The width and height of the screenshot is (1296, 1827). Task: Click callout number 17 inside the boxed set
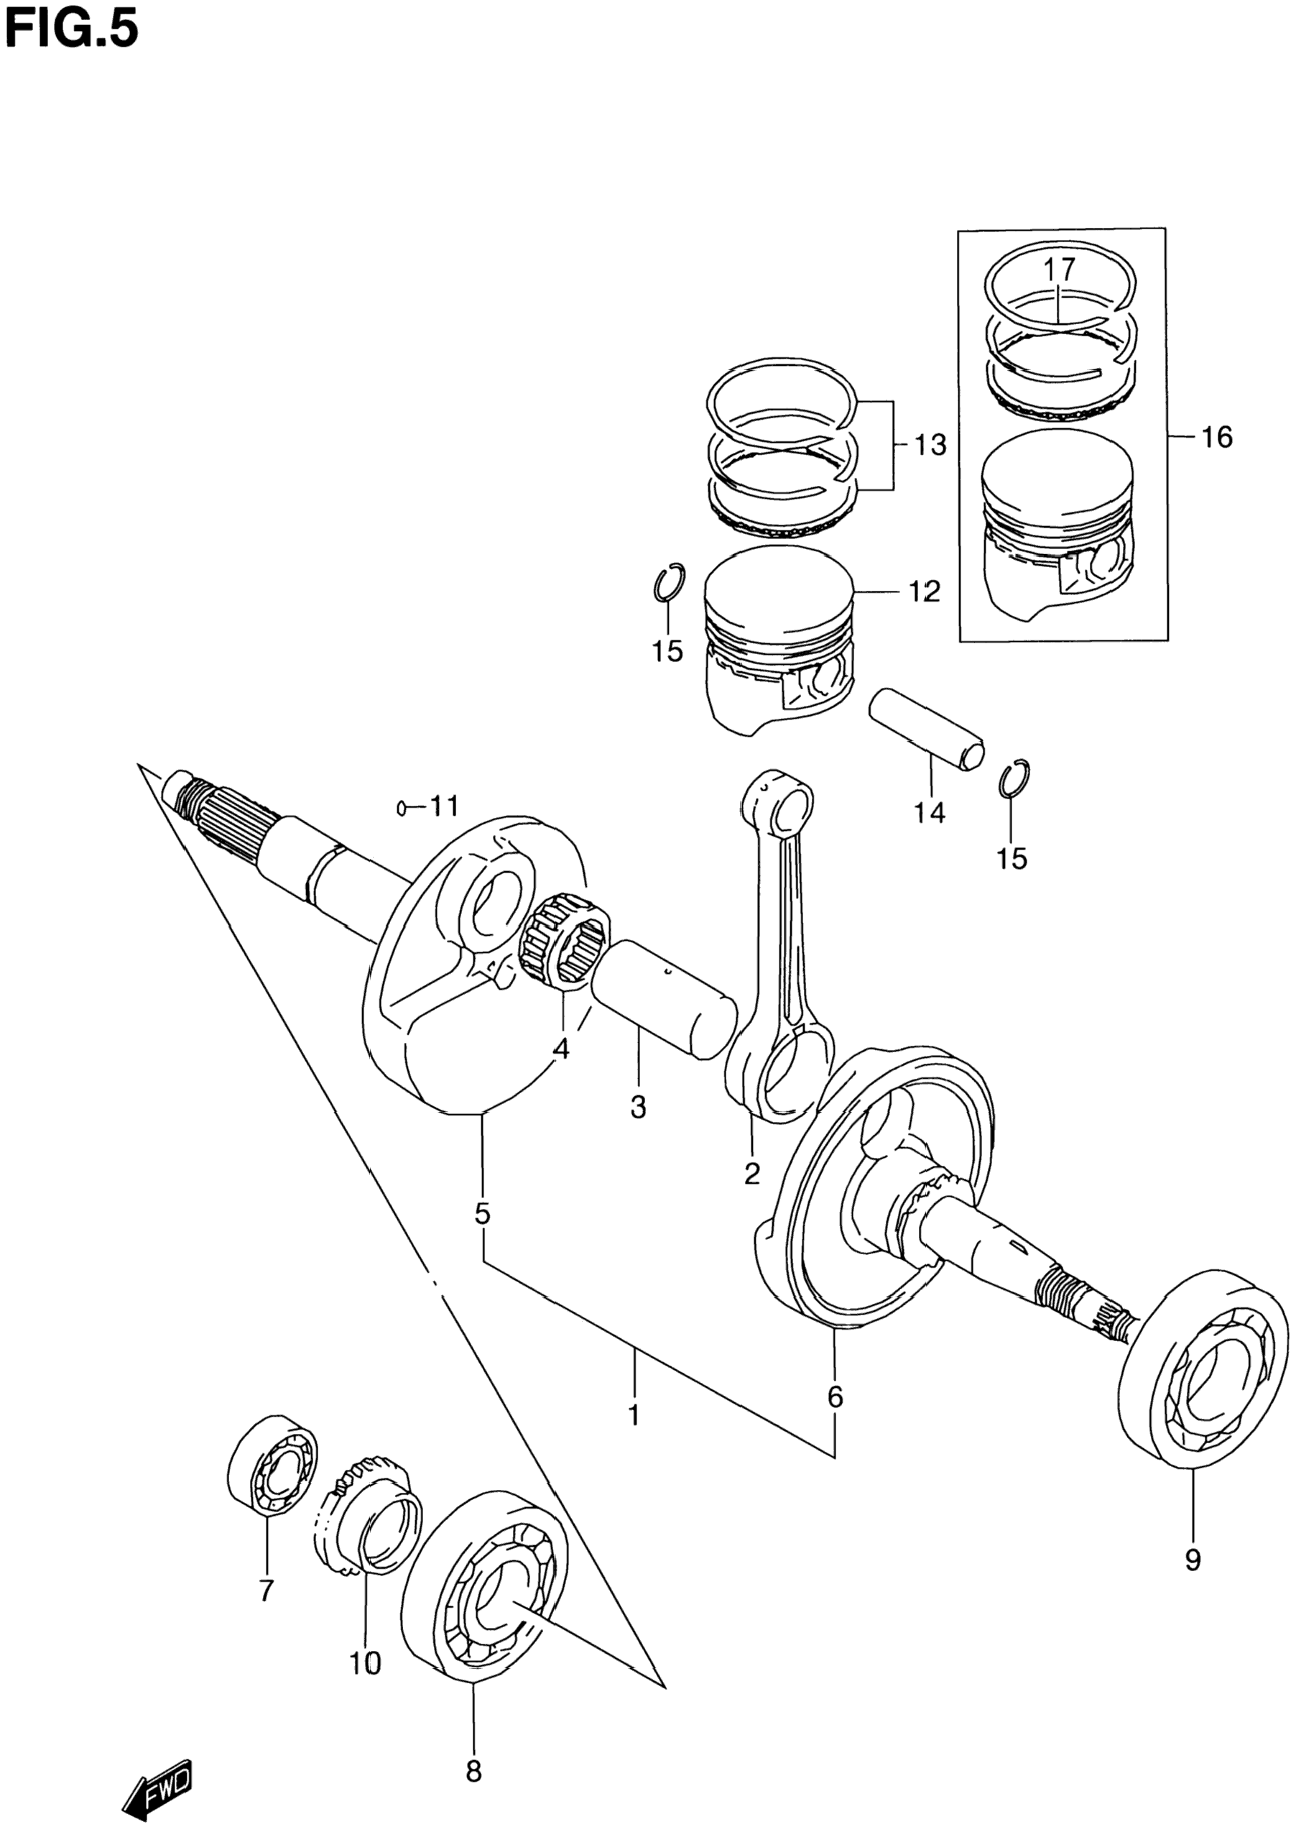tap(1058, 269)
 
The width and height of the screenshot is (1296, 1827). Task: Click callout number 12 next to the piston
tap(924, 592)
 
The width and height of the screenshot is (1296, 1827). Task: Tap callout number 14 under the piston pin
tap(930, 814)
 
